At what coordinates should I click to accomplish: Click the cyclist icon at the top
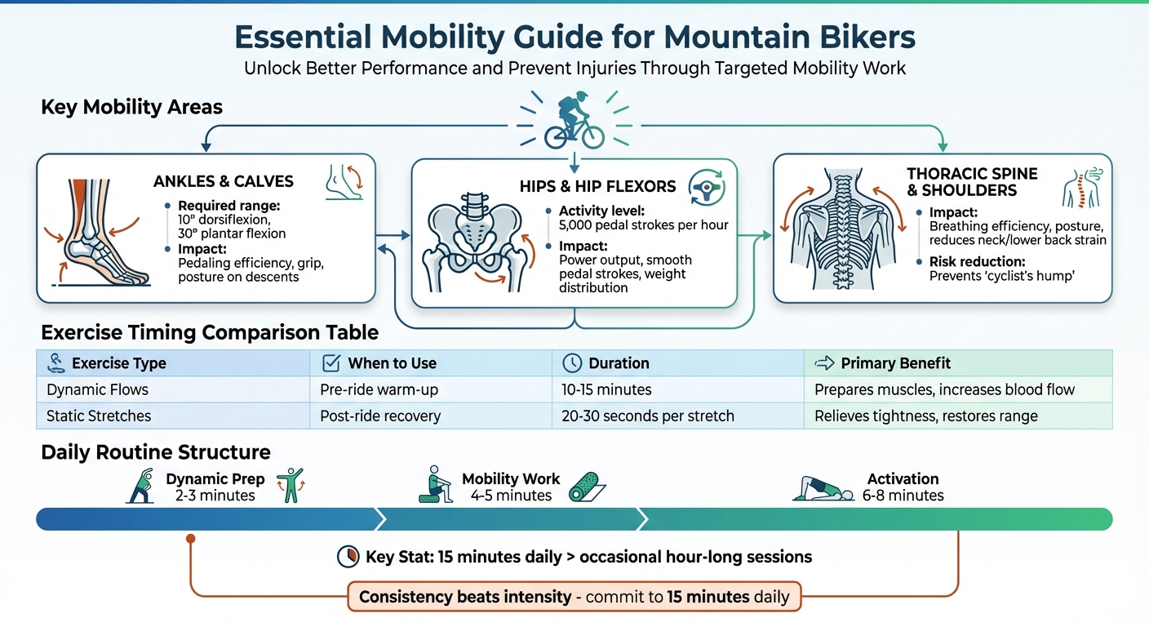pos(574,123)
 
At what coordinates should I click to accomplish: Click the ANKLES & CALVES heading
pos(223,181)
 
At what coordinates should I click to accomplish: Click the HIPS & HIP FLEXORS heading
pos(597,186)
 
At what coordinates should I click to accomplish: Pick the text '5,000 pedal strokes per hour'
pos(643,225)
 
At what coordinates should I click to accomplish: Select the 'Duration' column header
pos(619,363)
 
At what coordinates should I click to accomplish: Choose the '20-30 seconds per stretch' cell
pos(648,416)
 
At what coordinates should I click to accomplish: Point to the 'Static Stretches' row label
pos(99,416)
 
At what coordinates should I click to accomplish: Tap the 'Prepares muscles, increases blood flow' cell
pos(944,389)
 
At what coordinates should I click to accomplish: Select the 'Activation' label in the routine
pos(903,479)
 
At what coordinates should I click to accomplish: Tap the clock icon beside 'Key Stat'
pos(348,557)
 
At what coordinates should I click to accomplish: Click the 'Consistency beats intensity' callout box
pos(574,597)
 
